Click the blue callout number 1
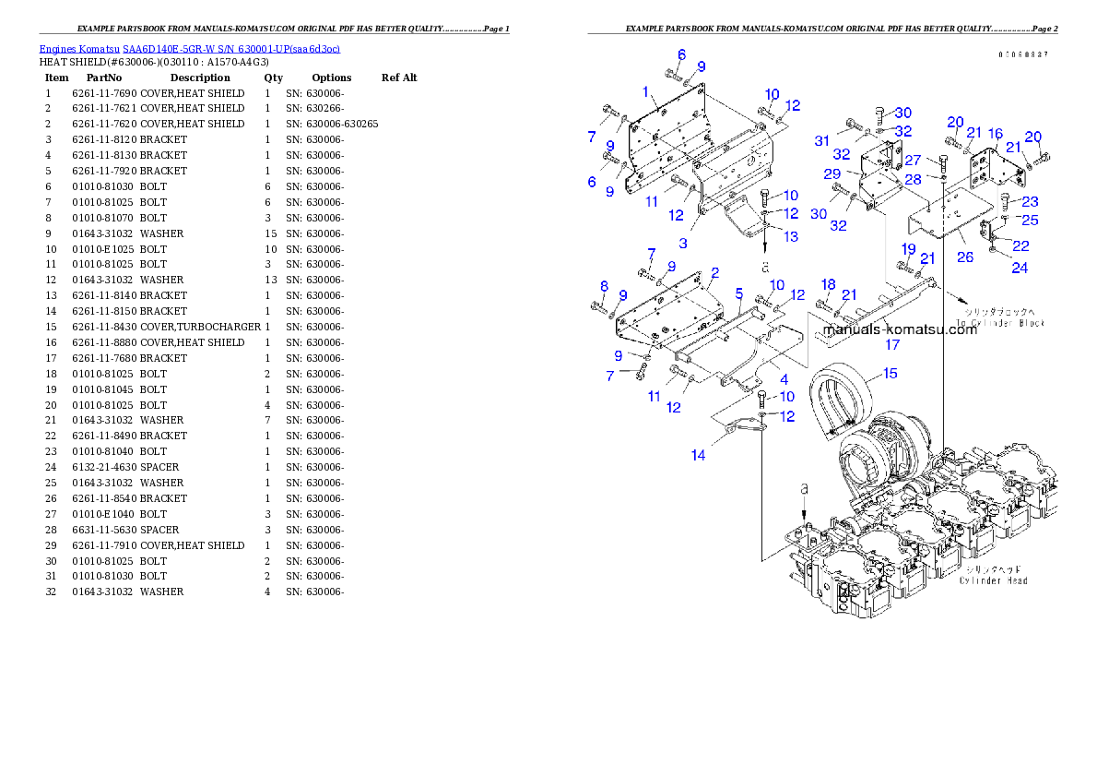[x=646, y=91]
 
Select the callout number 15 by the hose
[x=889, y=374]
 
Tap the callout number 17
[x=892, y=345]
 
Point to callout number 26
[x=964, y=257]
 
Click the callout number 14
[x=699, y=455]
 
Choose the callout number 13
[x=791, y=236]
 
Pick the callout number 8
[x=604, y=286]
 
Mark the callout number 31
[x=821, y=140]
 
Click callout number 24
[x=1020, y=269]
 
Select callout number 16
[x=995, y=134]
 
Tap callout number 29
[x=832, y=173]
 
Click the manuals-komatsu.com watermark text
[x=899, y=329]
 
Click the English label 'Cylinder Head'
[x=993, y=580]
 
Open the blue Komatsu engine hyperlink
[x=189, y=49]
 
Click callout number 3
[x=683, y=243]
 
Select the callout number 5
[x=738, y=293]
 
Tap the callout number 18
[x=828, y=284]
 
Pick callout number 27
[x=912, y=160]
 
